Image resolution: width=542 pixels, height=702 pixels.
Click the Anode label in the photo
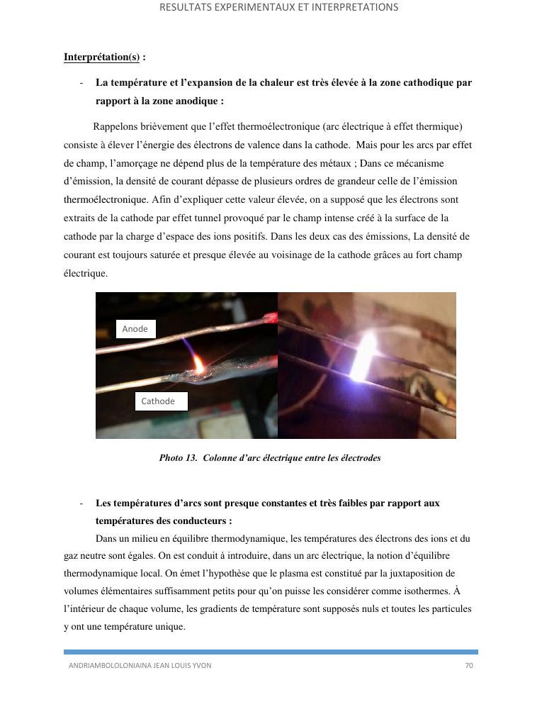[x=135, y=329]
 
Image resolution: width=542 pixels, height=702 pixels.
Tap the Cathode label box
[x=161, y=401]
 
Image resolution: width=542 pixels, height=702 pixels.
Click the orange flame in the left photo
[x=199, y=364]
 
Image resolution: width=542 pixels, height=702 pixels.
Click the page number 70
[x=468, y=666]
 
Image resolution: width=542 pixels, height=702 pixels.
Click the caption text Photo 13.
[x=178, y=458]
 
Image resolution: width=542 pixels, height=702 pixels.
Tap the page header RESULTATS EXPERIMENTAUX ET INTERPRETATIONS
[x=278, y=8]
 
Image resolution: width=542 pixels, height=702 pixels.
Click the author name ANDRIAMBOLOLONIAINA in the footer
[x=110, y=666]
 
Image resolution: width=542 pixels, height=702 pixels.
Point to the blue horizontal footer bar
[x=271, y=652]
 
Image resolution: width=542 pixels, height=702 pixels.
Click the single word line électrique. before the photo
[x=86, y=274]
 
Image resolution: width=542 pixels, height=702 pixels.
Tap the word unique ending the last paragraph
[x=169, y=627]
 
